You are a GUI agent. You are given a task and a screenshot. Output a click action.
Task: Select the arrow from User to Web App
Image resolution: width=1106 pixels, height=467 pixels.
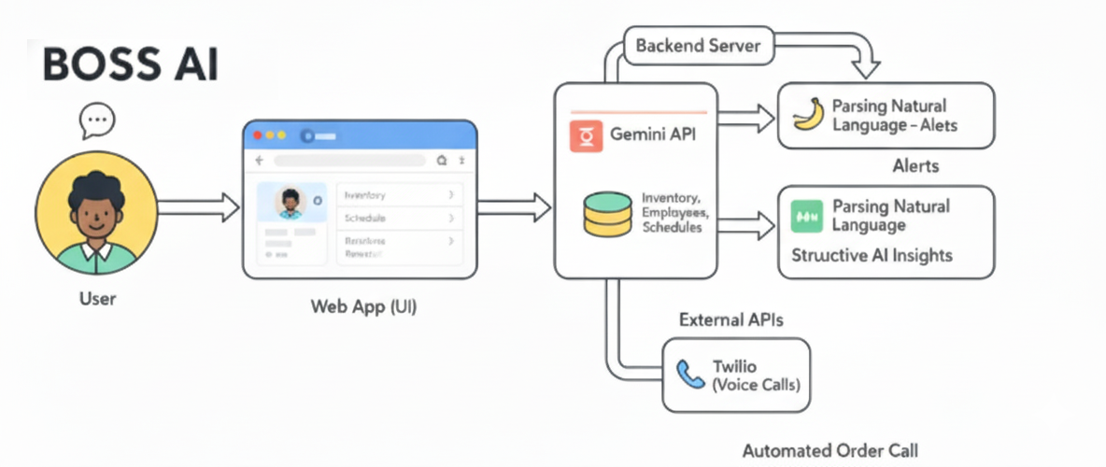pos(191,207)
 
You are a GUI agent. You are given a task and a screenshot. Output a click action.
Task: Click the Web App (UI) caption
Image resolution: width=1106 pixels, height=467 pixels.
pos(363,306)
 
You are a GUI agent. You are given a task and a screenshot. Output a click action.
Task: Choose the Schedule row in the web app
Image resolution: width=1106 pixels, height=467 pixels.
pos(399,218)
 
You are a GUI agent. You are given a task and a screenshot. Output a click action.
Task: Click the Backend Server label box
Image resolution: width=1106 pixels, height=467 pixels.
pos(698,46)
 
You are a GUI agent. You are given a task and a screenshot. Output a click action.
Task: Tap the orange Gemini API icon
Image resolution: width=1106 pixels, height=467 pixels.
pos(586,134)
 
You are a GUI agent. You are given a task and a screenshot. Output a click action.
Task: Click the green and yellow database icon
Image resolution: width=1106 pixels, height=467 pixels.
pos(607,213)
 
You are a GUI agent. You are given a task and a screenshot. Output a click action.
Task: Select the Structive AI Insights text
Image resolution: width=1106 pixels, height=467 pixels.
pos(871,255)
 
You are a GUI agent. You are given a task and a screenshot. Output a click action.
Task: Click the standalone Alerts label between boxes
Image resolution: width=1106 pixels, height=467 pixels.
pos(915,166)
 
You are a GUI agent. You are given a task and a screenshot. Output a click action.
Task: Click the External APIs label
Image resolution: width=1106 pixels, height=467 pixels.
pos(730,320)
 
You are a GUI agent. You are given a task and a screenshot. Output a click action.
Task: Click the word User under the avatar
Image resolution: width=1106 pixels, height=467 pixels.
pos(97,300)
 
